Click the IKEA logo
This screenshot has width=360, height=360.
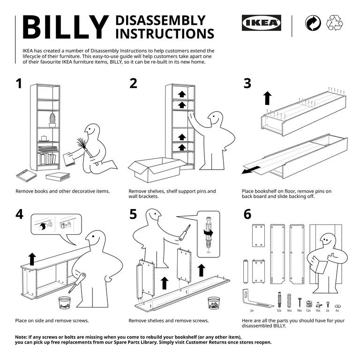pyautogui.click(x=262, y=22)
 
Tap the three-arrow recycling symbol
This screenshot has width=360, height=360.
pyautogui.click(x=335, y=23)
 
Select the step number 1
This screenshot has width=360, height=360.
pyautogui.click(x=19, y=83)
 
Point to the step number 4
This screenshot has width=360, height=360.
pyautogui.click(x=19, y=214)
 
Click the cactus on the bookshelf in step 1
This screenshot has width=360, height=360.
pyautogui.click(x=52, y=120)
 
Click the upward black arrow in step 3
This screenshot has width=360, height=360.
pyautogui.click(x=267, y=98)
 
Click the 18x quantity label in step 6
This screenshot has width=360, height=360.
pyautogui.click(x=299, y=310)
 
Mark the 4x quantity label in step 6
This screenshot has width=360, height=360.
pyautogui.click(x=337, y=310)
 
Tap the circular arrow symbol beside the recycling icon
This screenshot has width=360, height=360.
pyautogui.click(x=310, y=23)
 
